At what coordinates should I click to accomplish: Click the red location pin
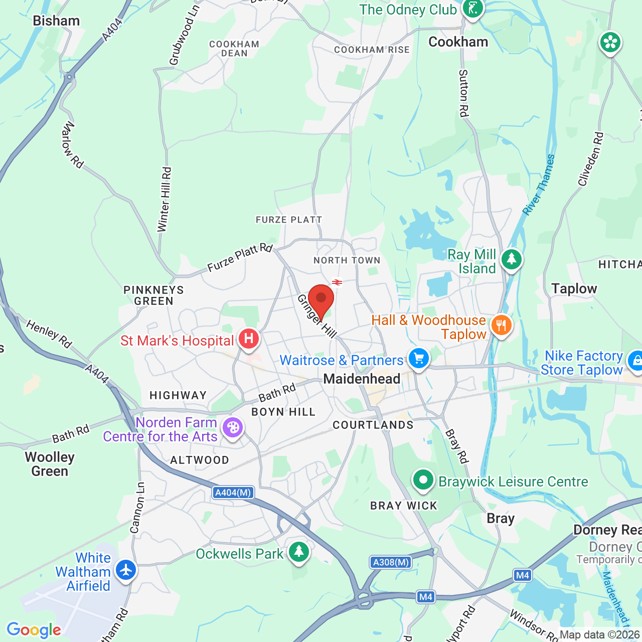pos(321,299)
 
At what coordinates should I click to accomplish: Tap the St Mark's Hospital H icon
pos(248,340)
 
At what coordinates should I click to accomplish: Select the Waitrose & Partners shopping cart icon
pos(419,359)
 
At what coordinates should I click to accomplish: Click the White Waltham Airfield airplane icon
pos(125,570)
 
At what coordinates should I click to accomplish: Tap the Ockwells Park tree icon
pos(299,552)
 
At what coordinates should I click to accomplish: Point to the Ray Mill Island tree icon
pos(511,259)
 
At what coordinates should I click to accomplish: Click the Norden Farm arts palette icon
pos(233,428)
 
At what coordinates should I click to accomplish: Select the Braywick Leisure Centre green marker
pos(423,480)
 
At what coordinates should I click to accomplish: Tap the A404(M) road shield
pos(233,493)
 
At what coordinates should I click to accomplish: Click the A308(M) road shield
pos(391,562)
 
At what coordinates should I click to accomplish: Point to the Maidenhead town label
pos(362,379)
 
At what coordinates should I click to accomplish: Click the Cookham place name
pos(458,42)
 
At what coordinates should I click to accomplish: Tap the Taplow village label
pos(574,288)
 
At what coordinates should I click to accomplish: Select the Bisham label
pos(56,21)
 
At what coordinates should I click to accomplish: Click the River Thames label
pos(539,185)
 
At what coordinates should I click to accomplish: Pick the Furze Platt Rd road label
pos(240,257)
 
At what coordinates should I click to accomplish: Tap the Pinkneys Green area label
pos(153,295)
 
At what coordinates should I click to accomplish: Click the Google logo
pos(34,630)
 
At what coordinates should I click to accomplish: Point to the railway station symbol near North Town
pos(337,282)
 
